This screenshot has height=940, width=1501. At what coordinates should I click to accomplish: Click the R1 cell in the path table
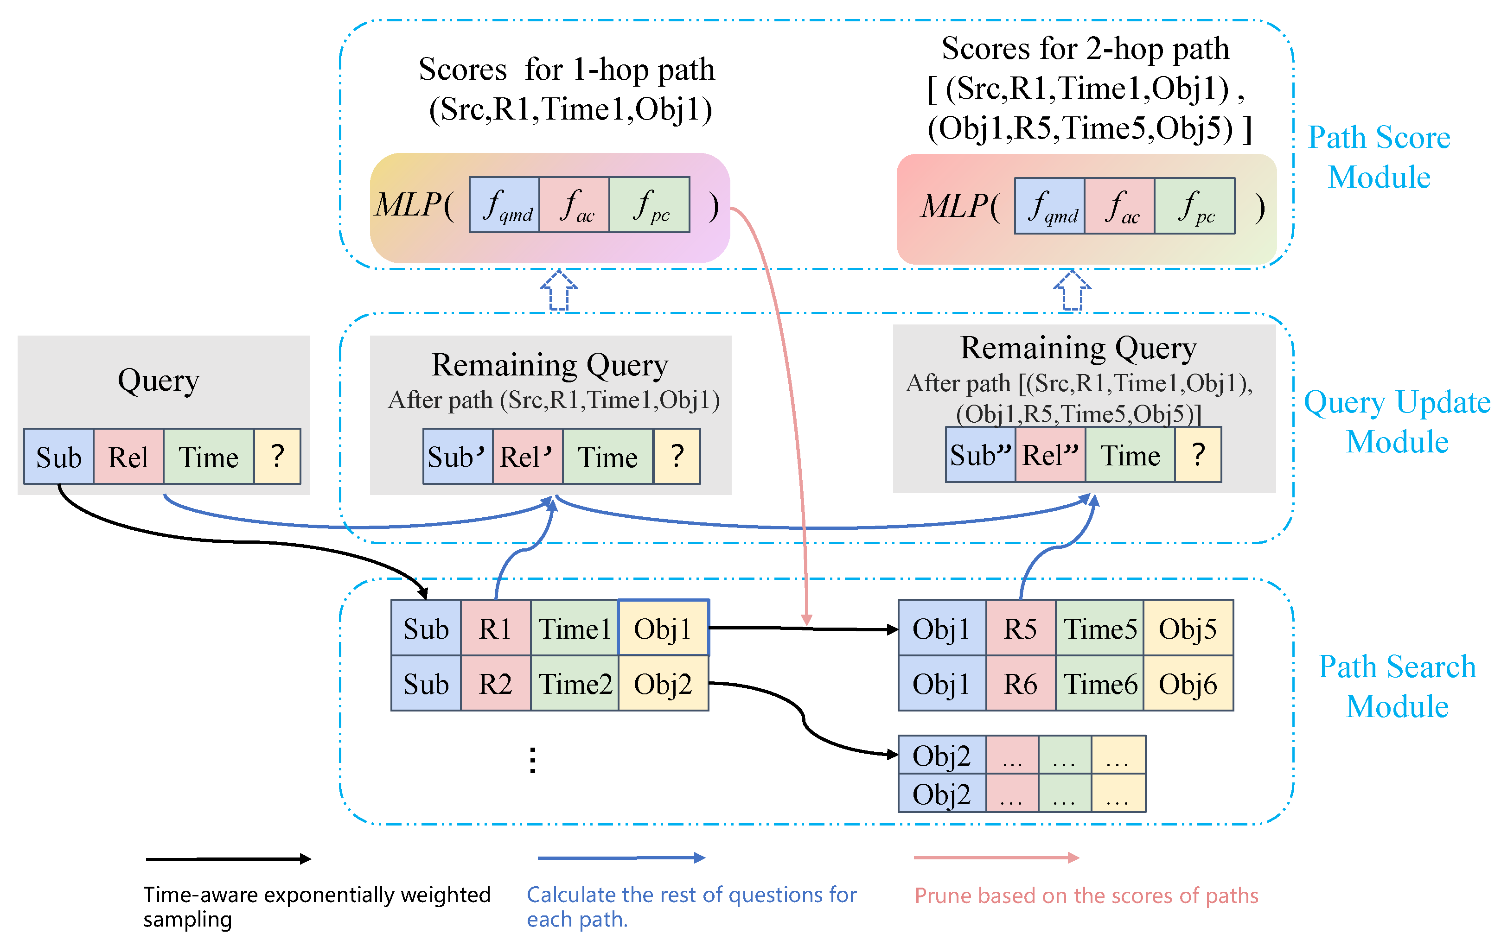[x=495, y=628]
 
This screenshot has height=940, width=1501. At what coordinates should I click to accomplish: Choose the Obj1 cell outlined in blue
[x=663, y=628]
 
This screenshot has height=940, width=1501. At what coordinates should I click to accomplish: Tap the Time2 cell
[x=575, y=683]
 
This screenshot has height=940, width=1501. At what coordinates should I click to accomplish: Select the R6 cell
[x=1020, y=683]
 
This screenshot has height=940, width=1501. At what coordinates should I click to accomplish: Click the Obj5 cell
[x=1187, y=628]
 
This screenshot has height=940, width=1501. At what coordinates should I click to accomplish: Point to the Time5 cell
[x=1099, y=628]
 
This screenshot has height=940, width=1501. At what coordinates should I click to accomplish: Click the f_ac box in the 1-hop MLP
[x=574, y=205]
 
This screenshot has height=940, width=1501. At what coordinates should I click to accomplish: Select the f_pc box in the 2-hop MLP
[x=1194, y=206]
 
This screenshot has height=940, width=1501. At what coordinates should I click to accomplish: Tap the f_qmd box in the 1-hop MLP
[x=504, y=205]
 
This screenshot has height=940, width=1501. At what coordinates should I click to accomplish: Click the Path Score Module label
[x=1379, y=157]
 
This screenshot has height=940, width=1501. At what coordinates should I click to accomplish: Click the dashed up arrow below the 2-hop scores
[x=1071, y=290]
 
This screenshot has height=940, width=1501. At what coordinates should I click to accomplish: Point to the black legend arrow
[x=228, y=859]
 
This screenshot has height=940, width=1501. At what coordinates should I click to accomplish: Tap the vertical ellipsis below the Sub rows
[x=532, y=760]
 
